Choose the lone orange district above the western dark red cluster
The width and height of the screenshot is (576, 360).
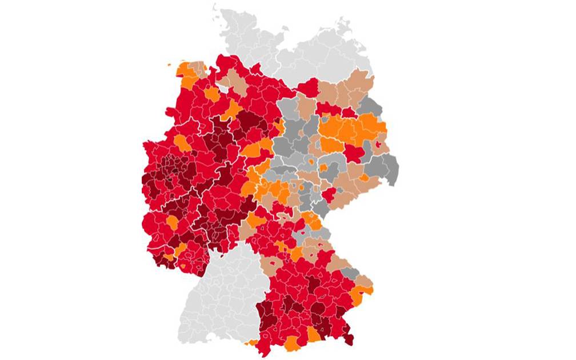(182, 142)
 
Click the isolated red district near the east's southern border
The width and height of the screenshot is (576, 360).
(328, 195)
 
